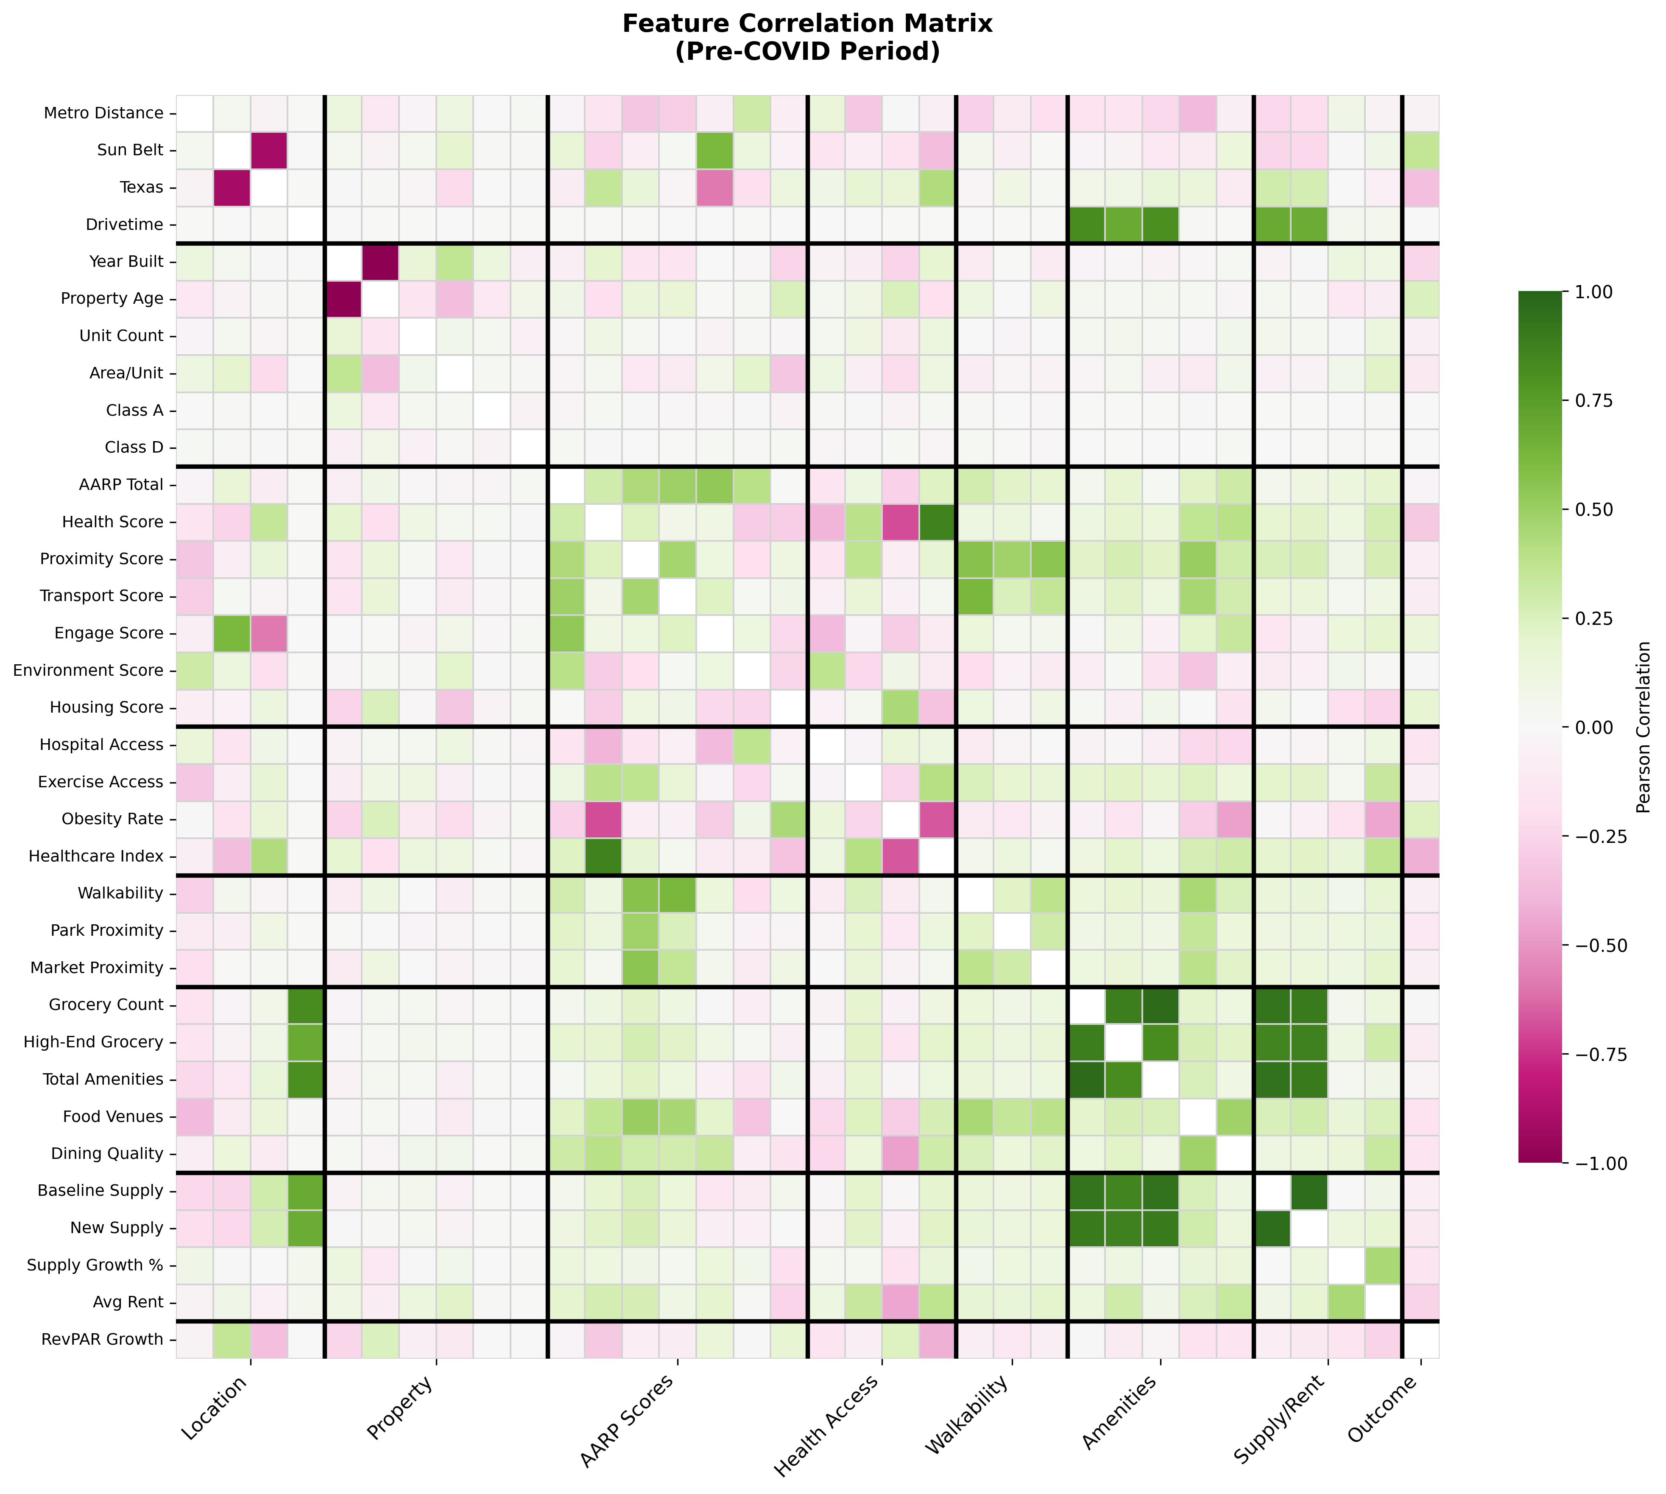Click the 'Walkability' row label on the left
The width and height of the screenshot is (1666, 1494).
[x=121, y=893]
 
